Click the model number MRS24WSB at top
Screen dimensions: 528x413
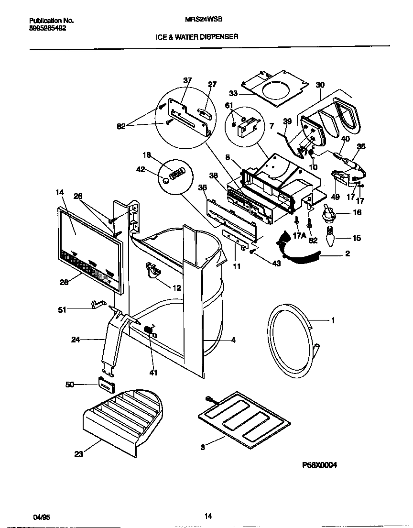(x=199, y=21)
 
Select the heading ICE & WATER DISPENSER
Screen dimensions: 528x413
(x=197, y=36)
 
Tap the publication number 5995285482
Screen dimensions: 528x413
(x=48, y=28)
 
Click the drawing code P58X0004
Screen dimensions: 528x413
(x=319, y=464)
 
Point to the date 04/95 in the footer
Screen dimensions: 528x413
(x=41, y=517)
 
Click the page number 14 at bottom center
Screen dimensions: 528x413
(x=207, y=516)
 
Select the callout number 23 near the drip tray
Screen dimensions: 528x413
(x=78, y=454)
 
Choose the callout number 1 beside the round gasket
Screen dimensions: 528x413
(x=333, y=320)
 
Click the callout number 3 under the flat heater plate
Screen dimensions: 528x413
(x=203, y=447)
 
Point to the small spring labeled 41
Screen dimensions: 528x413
(x=149, y=330)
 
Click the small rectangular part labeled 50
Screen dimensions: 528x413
(x=106, y=383)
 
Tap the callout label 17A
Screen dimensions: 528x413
(x=299, y=235)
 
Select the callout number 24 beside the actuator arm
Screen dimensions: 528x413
(x=76, y=340)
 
